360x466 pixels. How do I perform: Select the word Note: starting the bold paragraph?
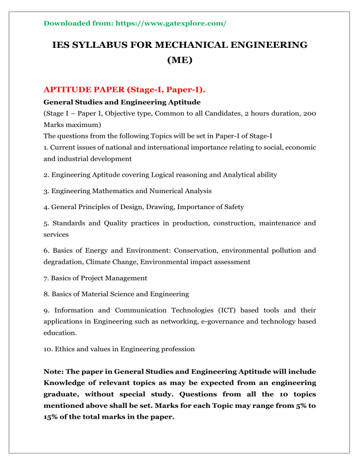pos(54,377)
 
